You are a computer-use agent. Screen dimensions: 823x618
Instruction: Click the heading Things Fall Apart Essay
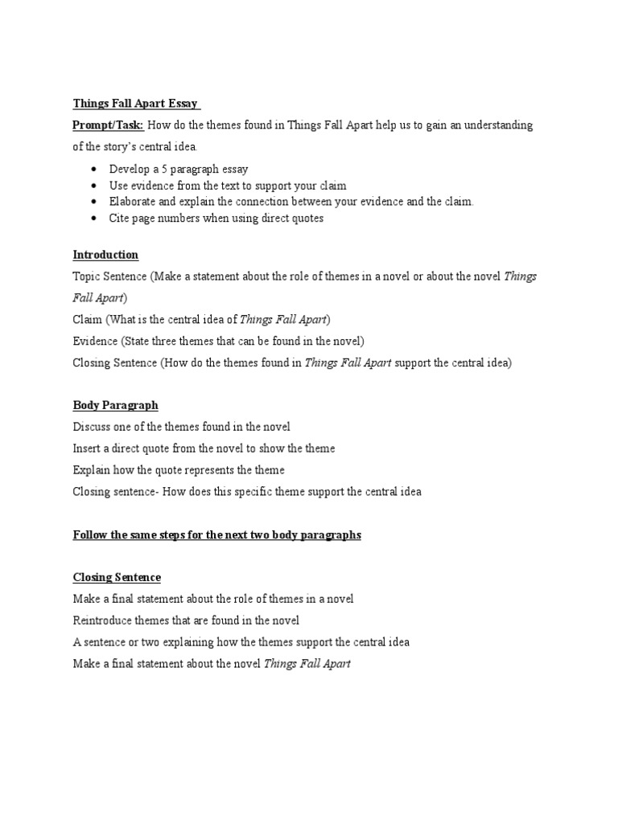(x=136, y=104)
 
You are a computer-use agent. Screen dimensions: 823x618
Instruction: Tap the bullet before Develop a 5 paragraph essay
(x=96, y=170)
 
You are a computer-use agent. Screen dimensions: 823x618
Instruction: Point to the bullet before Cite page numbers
(x=96, y=219)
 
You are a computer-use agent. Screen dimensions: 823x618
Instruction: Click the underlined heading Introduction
(x=105, y=255)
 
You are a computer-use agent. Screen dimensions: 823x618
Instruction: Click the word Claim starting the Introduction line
(x=88, y=319)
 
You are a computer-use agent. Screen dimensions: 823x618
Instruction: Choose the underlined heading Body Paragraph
(x=115, y=405)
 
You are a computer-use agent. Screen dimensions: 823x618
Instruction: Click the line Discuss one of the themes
(x=181, y=427)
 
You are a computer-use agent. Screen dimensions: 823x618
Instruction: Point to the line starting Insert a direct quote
(x=204, y=448)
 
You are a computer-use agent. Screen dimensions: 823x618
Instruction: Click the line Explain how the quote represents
(x=179, y=470)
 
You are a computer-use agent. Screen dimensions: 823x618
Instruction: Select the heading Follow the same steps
(x=216, y=534)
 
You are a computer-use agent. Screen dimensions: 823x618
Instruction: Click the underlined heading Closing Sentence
(x=117, y=577)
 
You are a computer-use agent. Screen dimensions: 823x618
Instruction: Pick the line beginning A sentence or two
(x=241, y=642)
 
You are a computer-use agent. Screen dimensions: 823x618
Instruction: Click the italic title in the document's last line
(x=307, y=664)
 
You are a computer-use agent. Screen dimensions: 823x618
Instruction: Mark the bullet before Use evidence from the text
(x=96, y=186)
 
